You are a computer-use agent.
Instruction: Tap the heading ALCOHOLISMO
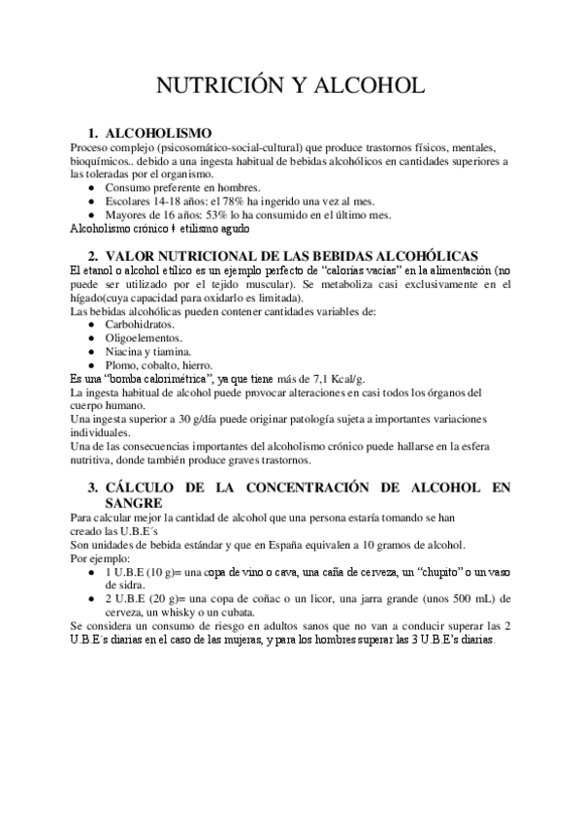coord(158,133)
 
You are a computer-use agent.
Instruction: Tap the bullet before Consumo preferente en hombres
coord(91,187)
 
